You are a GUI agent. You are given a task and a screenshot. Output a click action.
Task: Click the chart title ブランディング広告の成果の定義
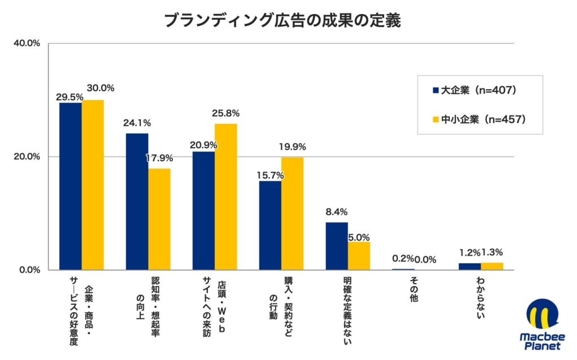pyautogui.click(x=282, y=20)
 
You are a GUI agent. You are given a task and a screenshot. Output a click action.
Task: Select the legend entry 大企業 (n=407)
pyautogui.click(x=474, y=90)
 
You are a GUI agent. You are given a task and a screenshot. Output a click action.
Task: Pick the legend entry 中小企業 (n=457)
pyautogui.click(x=478, y=119)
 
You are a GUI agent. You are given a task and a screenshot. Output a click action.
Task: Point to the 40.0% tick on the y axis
pyautogui.click(x=26, y=43)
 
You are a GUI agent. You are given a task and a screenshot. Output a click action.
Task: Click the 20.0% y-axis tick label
pyautogui.click(x=26, y=157)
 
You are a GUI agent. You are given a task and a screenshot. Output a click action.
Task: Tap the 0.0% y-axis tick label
pyautogui.click(x=29, y=270)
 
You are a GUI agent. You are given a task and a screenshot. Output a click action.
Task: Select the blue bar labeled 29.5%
pyautogui.click(x=70, y=186)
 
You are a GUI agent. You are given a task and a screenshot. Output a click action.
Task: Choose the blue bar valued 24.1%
pyautogui.click(x=137, y=201)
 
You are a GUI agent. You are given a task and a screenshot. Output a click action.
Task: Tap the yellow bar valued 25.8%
pyautogui.click(x=225, y=197)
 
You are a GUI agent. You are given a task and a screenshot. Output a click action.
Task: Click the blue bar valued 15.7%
pyautogui.click(x=270, y=225)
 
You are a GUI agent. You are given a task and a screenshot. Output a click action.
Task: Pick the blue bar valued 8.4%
pyautogui.click(x=336, y=246)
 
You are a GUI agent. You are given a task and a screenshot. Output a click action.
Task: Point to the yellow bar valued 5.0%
pyautogui.click(x=358, y=255)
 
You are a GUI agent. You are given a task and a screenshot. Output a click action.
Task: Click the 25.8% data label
pyautogui.click(x=225, y=113)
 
